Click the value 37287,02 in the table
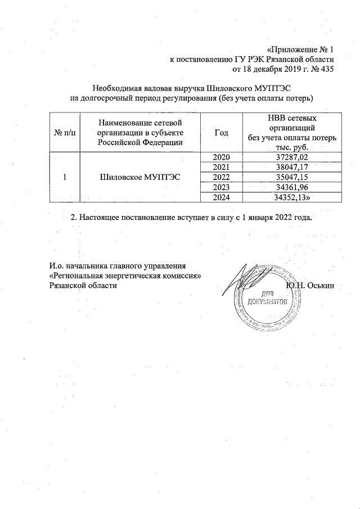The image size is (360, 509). (291, 157)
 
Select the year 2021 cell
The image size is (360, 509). (221, 167)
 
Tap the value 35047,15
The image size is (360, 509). (291, 177)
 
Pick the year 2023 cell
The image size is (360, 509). (221, 187)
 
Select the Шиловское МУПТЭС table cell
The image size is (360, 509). (139, 177)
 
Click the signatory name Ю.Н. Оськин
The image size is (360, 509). (310, 285)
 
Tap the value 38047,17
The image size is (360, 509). (291, 167)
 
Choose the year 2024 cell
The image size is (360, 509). (221, 197)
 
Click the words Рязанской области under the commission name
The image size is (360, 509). (84, 286)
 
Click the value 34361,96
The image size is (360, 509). (291, 187)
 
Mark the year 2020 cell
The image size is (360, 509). (221, 157)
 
